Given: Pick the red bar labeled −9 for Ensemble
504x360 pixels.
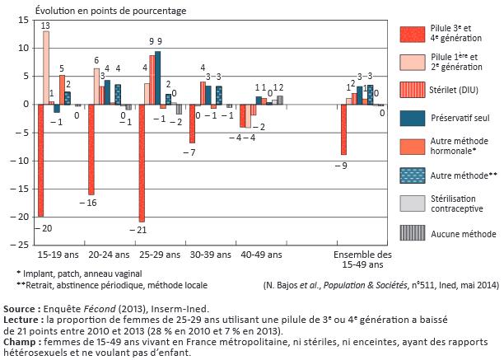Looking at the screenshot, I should click(343, 129).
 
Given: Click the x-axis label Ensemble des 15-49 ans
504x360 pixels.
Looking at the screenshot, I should click(363, 259).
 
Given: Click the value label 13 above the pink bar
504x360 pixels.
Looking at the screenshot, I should click(46, 25).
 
